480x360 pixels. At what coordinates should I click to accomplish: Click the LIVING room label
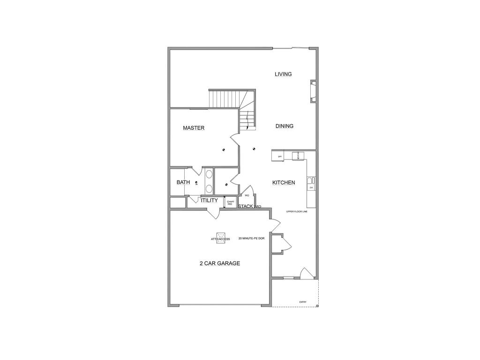click(283, 74)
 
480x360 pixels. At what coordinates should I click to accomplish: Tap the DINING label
click(285, 126)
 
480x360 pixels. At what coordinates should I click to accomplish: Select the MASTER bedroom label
click(194, 128)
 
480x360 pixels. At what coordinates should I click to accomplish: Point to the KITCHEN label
click(284, 182)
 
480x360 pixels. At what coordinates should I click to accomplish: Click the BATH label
click(183, 182)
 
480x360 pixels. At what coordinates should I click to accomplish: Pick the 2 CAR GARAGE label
click(220, 263)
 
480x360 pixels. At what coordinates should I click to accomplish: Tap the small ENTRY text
click(303, 302)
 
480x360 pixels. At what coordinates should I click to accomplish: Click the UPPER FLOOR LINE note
click(297, 212)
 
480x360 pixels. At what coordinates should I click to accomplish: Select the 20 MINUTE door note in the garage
click(252, 239)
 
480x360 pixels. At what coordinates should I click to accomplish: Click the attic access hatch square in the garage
click(221, 238)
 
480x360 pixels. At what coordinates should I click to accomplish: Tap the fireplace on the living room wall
click(313, 91)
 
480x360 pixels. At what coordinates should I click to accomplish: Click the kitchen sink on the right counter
click(310, 181)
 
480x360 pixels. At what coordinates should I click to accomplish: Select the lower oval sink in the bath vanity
click(209, 188)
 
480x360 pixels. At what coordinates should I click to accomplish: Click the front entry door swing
click(306, 273)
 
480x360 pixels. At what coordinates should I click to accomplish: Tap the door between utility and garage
click(213, 213)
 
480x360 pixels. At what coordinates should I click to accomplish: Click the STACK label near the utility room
click(246, 206)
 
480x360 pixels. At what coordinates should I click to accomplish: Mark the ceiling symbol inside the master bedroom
click(224, 150)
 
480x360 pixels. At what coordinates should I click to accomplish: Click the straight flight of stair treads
click(224, 99)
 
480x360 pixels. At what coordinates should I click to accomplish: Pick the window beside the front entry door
click(289, 278)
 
